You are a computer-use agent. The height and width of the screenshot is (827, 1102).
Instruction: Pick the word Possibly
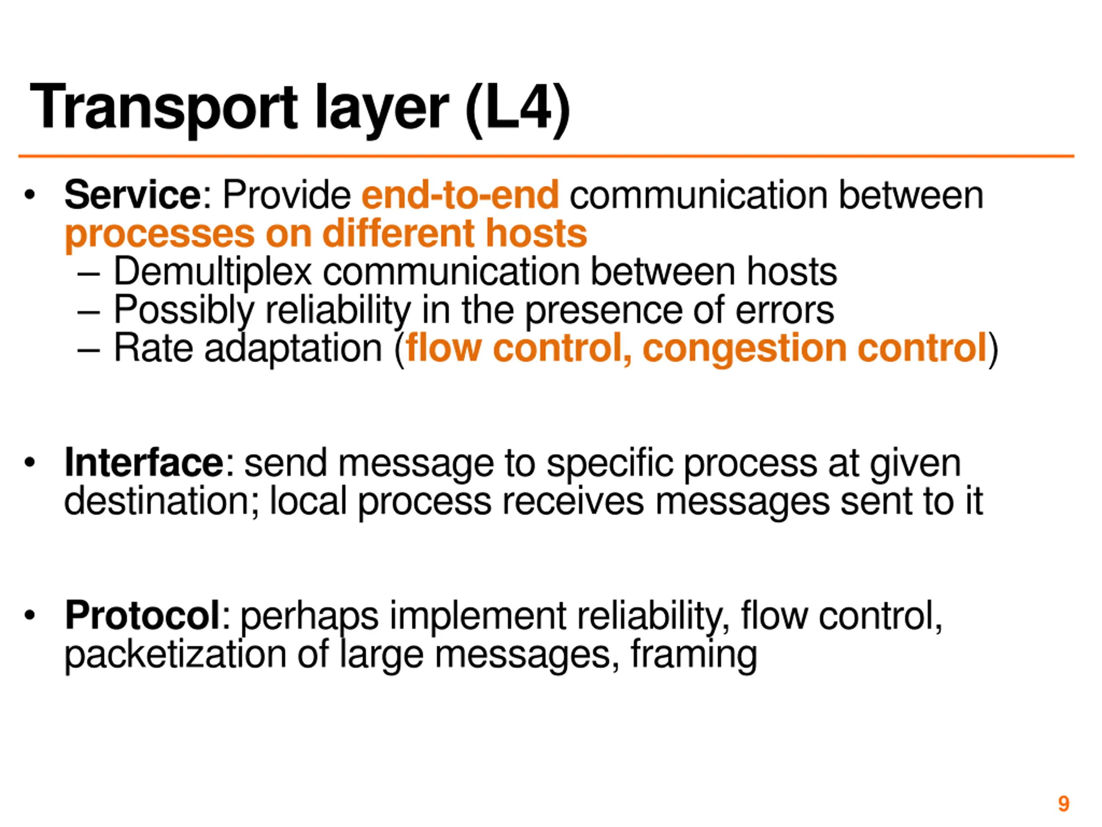[184, 310]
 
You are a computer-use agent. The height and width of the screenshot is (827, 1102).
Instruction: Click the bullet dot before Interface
[30, 463]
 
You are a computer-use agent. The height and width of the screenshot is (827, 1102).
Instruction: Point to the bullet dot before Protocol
[30, 616]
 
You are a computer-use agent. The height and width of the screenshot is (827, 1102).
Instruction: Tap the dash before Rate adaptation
[89, 349]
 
